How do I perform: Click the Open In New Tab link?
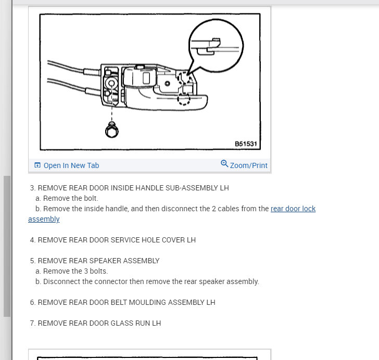pos(71,165)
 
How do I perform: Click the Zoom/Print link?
pos(248,165)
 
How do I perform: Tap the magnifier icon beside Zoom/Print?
pos(224,164)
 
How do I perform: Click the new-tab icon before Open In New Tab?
pos(37,165)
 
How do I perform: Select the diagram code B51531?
pos(246,144)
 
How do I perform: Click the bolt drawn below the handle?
pos(111,130)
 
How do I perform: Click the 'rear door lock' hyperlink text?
pos(293,209)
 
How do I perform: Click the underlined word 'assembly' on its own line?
pos(44,219)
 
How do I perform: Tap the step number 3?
pos(32,188)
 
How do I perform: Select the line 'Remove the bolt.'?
pos(70,198)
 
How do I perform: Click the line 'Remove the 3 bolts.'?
pos(75,271)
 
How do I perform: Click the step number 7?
pos(32,323)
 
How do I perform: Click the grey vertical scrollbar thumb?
pos(7,245)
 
